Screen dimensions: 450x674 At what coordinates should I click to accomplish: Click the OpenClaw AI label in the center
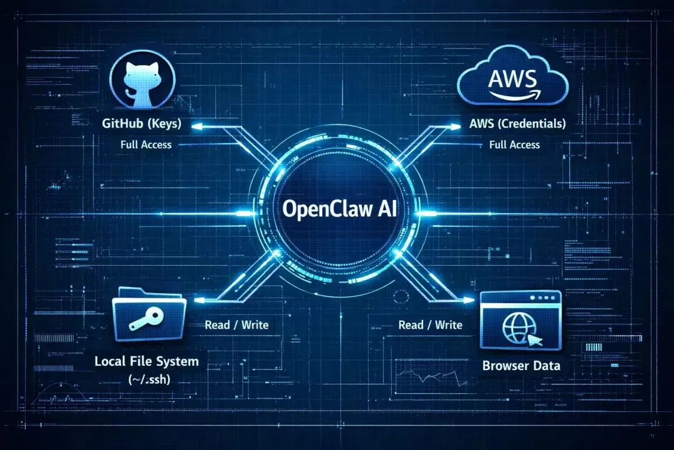click(336, 209)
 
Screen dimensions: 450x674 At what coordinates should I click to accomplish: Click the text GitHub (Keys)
click(142, 124)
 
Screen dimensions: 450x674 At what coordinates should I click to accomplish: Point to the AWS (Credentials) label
click(517, 124)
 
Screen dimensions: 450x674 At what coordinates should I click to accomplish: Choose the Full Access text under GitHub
click(146, 144)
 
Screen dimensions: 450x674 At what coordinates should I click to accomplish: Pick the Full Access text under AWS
click(514, 144)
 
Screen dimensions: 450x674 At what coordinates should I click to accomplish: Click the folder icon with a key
click(149, 315)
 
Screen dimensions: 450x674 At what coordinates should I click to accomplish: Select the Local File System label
click(146, 361)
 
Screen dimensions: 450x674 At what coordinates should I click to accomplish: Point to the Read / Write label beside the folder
click(237, 325)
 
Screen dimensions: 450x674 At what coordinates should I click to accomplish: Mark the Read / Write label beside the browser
click(430, 325)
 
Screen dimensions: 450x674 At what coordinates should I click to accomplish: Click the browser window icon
click(522, 319)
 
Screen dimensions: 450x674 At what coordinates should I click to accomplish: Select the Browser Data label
click(521, 366)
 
